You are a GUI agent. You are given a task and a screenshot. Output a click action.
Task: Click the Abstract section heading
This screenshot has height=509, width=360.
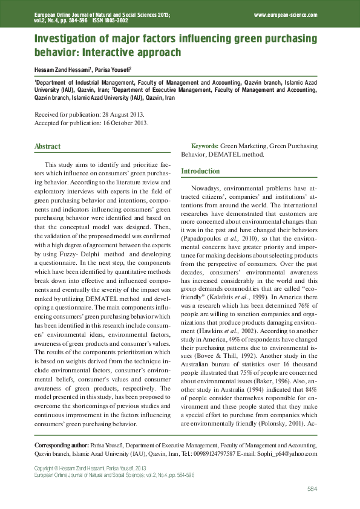48,147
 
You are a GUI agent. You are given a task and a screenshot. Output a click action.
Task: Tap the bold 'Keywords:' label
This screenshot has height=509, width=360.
205,146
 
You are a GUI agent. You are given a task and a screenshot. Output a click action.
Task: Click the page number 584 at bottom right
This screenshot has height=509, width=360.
312,488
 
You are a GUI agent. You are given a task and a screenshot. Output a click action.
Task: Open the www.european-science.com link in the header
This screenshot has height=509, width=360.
286,14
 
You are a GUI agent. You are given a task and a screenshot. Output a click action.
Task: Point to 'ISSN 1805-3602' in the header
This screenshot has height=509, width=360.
111,20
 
